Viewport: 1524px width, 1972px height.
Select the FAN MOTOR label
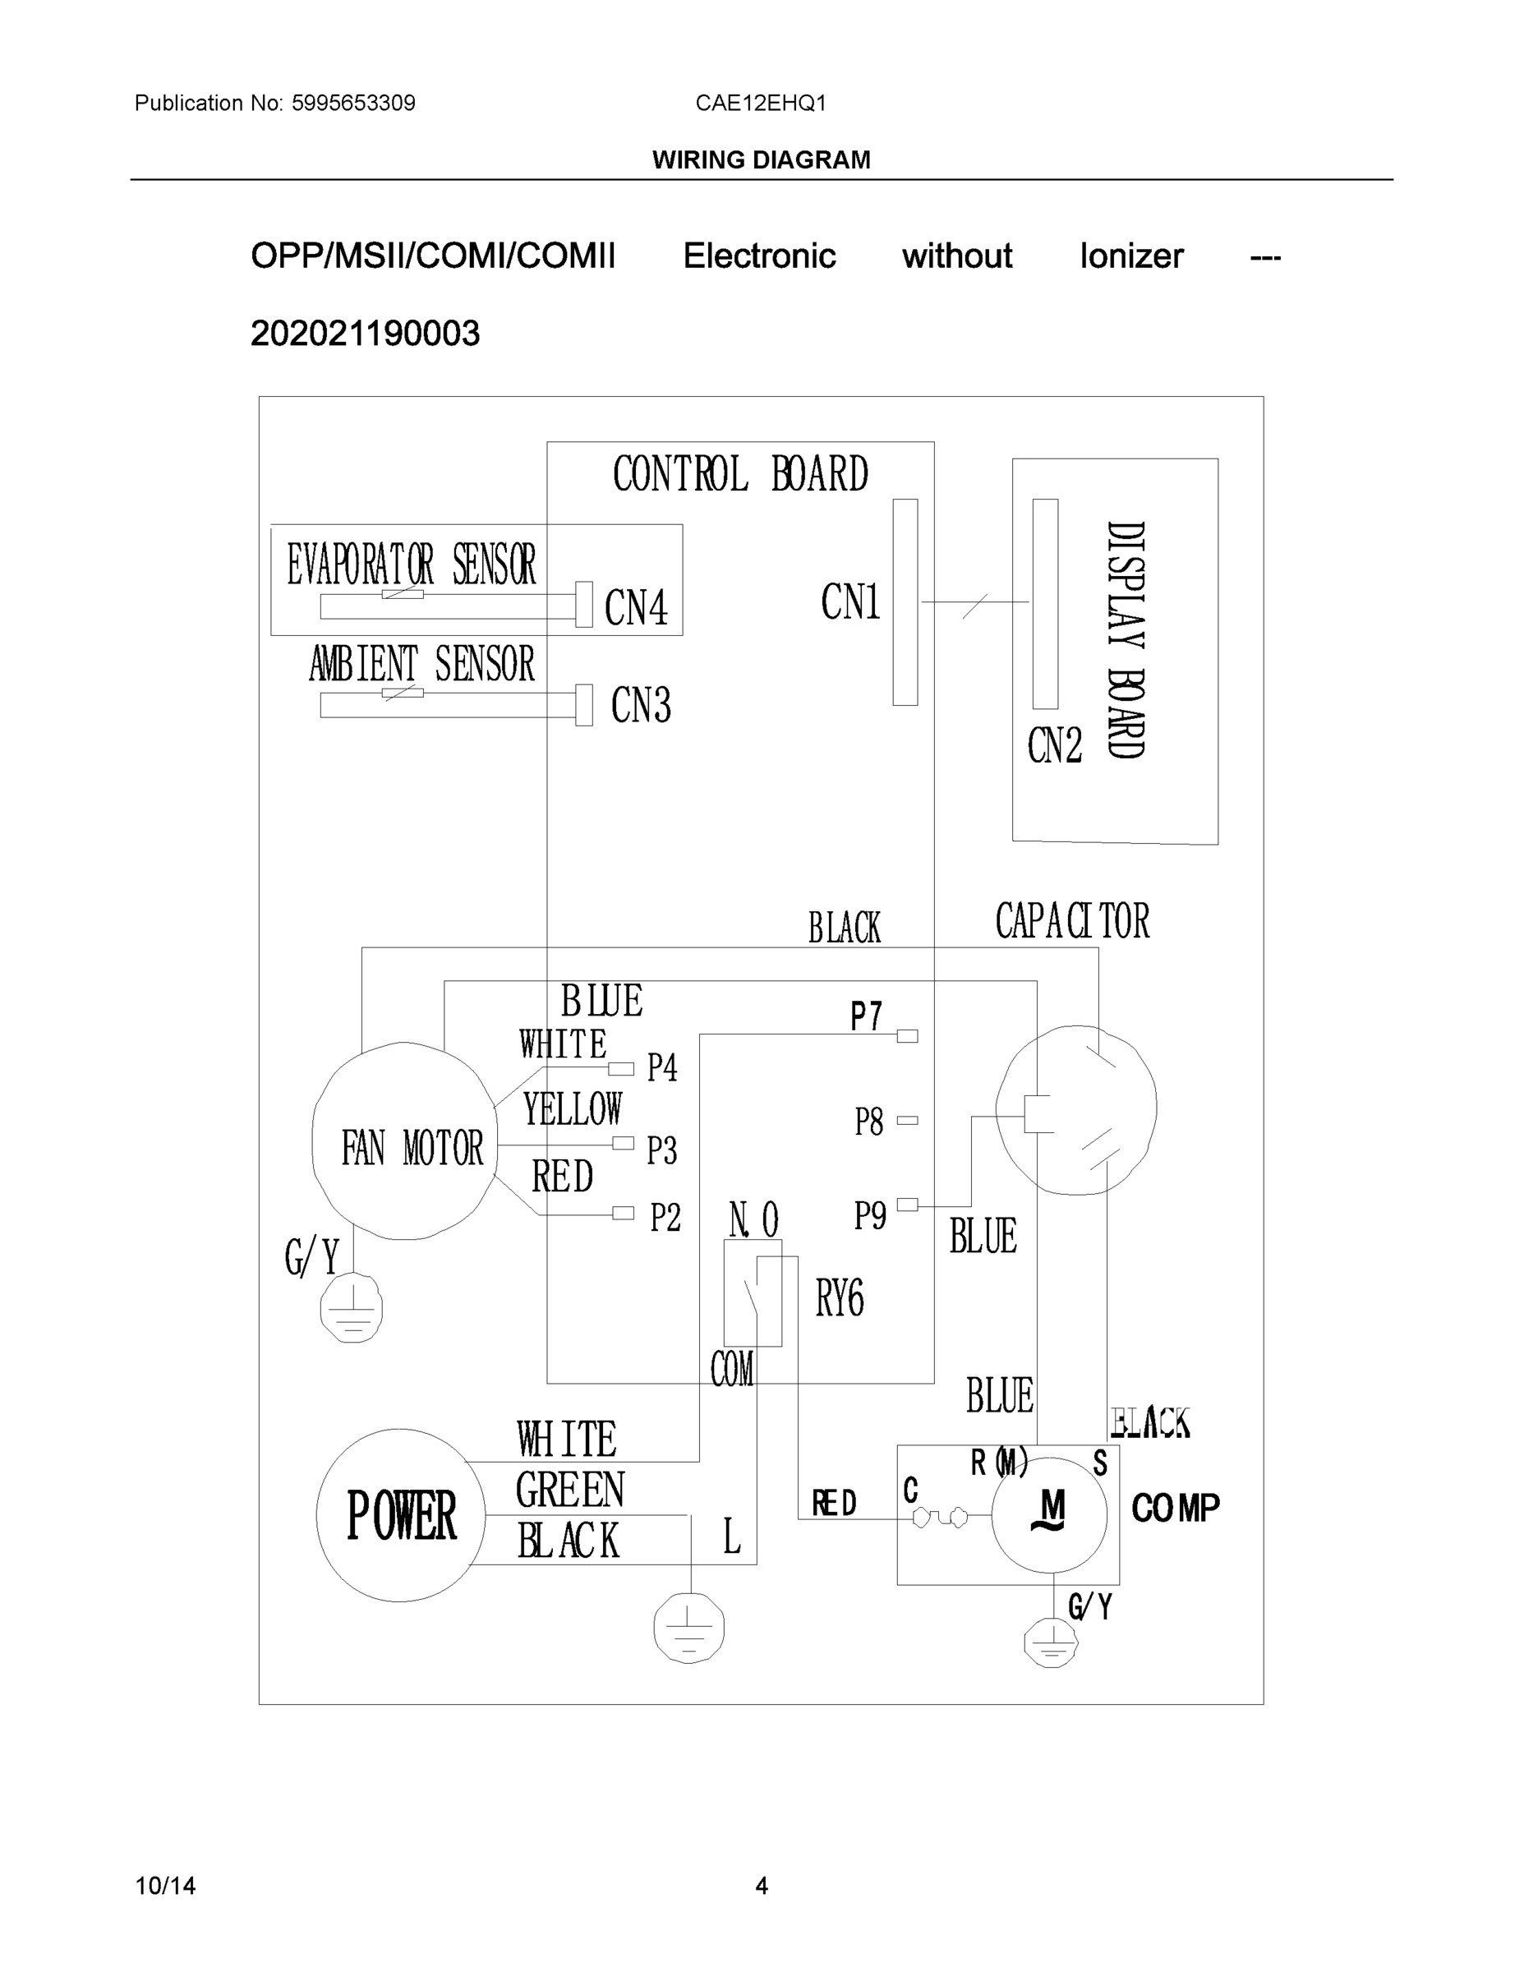pyautogui.click(x=412, y=1148)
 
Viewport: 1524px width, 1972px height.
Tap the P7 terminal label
pyautogui.click(x=866, y=1016)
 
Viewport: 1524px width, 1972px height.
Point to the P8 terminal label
pyautogui.click(x=868, y=1122)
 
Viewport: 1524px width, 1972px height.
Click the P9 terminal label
pyautogui.click(x=870, y=1215)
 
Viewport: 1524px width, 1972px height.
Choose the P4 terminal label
pyautogui.click(x=662, y=1068)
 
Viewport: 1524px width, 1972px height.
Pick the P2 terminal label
pyautogui.click(x=665, y=1218)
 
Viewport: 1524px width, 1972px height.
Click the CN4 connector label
pyautogui.click(x=637, y=606)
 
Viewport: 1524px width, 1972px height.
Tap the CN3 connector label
pyautogui.click(x=641, y=705)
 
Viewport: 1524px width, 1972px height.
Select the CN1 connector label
pyautogui.click(x=850, y=601)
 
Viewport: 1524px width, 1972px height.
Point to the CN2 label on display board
pyautogui.click(x=1053, y=746)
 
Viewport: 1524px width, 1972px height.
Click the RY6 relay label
pyautogui.click(x=840, y=1299)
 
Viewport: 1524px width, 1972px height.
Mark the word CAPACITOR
pyautogui.click(x=1071, y=921)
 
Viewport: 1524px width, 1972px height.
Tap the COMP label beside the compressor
pyautogui.click(x=1176, y=1508)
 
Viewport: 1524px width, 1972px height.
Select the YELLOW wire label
pyautogui.click(x=573, y=1108)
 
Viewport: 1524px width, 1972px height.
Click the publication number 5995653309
pyautogui.click(x=353, y=103)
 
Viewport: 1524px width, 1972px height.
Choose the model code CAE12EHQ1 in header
pyautogui.click(x=760, y=103)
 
